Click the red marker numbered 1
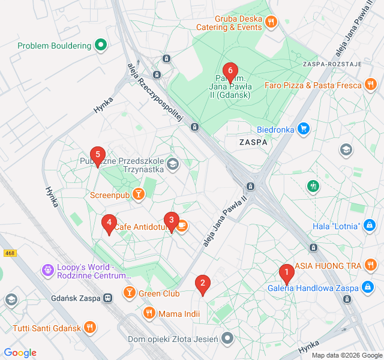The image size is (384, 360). [x=286, y=274]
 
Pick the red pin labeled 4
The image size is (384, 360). [x=109, y=224]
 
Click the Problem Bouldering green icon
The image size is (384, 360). [x=101, y=45]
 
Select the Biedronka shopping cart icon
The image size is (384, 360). [x=304, y=128]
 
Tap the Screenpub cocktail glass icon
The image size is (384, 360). [x=139, y=194]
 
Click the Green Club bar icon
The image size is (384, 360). [x=129, y=293]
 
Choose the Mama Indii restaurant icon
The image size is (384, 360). [x=149, y=313]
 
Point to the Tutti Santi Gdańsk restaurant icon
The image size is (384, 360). [x=89, y=327]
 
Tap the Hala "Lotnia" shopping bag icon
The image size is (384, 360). [x=370, y=226]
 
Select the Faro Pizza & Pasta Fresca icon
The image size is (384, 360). [x=370, y=85]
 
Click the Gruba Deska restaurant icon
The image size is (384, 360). [x=271, y=22]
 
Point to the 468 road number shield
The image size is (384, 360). [x=8, y=253]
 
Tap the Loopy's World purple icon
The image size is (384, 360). [x=48, y=271]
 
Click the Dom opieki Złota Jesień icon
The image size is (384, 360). [x=227, y=339]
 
